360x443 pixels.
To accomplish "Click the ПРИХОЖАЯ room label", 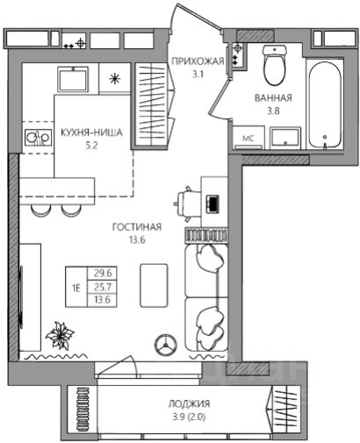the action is pyautogui.click(x=198, y=61).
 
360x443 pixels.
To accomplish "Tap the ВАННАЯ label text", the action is pyautogui.click(x=273, y=97).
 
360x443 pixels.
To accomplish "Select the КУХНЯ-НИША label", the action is pyautogui.click(x=91, y=132).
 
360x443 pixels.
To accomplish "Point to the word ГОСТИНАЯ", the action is pyautogui.click(x=137, y=227).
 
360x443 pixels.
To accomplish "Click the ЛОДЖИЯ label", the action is pyautogui.click(x=189, y=404).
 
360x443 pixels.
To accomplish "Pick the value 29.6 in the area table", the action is pyautogui.click(x=103, y=273).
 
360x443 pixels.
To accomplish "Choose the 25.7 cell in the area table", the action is pyautogui.click(x=103, y=287).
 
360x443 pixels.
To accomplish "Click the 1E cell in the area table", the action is pyautogui.click(x=76, y=288).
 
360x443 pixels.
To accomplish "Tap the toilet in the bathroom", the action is pyautogui.click(x=275, y=65).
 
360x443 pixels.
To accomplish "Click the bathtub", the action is pyautogui.click(x=325, y=105).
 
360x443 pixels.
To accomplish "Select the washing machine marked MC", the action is pyautogui.click(x=248, y=138).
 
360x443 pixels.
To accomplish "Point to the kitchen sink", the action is pyautogui.click(x=73, y=79).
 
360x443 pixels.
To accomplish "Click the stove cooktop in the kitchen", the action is pyautogui.click(x=39, y=138).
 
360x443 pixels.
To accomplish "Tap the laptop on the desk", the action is pyautogui.click(x=212, y=204).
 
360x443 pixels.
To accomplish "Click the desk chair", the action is pyautogui.click(x=188, y=204).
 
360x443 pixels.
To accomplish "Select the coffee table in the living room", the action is pyautogui.click(x=154, y=285).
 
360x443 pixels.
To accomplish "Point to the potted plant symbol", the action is pyautogui.click(x=60, y=335).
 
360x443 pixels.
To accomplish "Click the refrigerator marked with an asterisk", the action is pyautogui.click(x=114, y=79).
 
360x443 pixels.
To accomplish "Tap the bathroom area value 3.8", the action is pyautogui.click(x=273, y=111).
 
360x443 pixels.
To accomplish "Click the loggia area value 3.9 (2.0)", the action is pyautogui.click(x=189, y=417).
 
